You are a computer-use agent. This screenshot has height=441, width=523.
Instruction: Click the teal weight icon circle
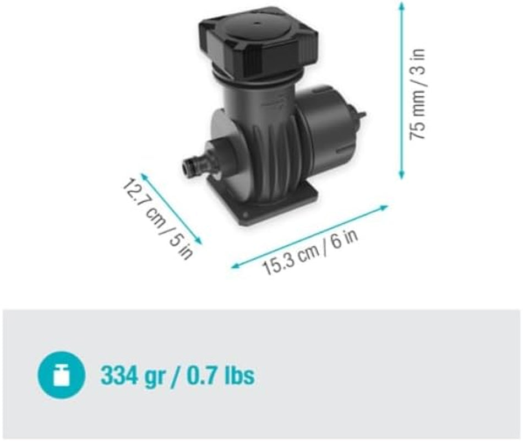pos(61,377)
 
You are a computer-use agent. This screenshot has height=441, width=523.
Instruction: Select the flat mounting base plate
pos(275,204)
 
